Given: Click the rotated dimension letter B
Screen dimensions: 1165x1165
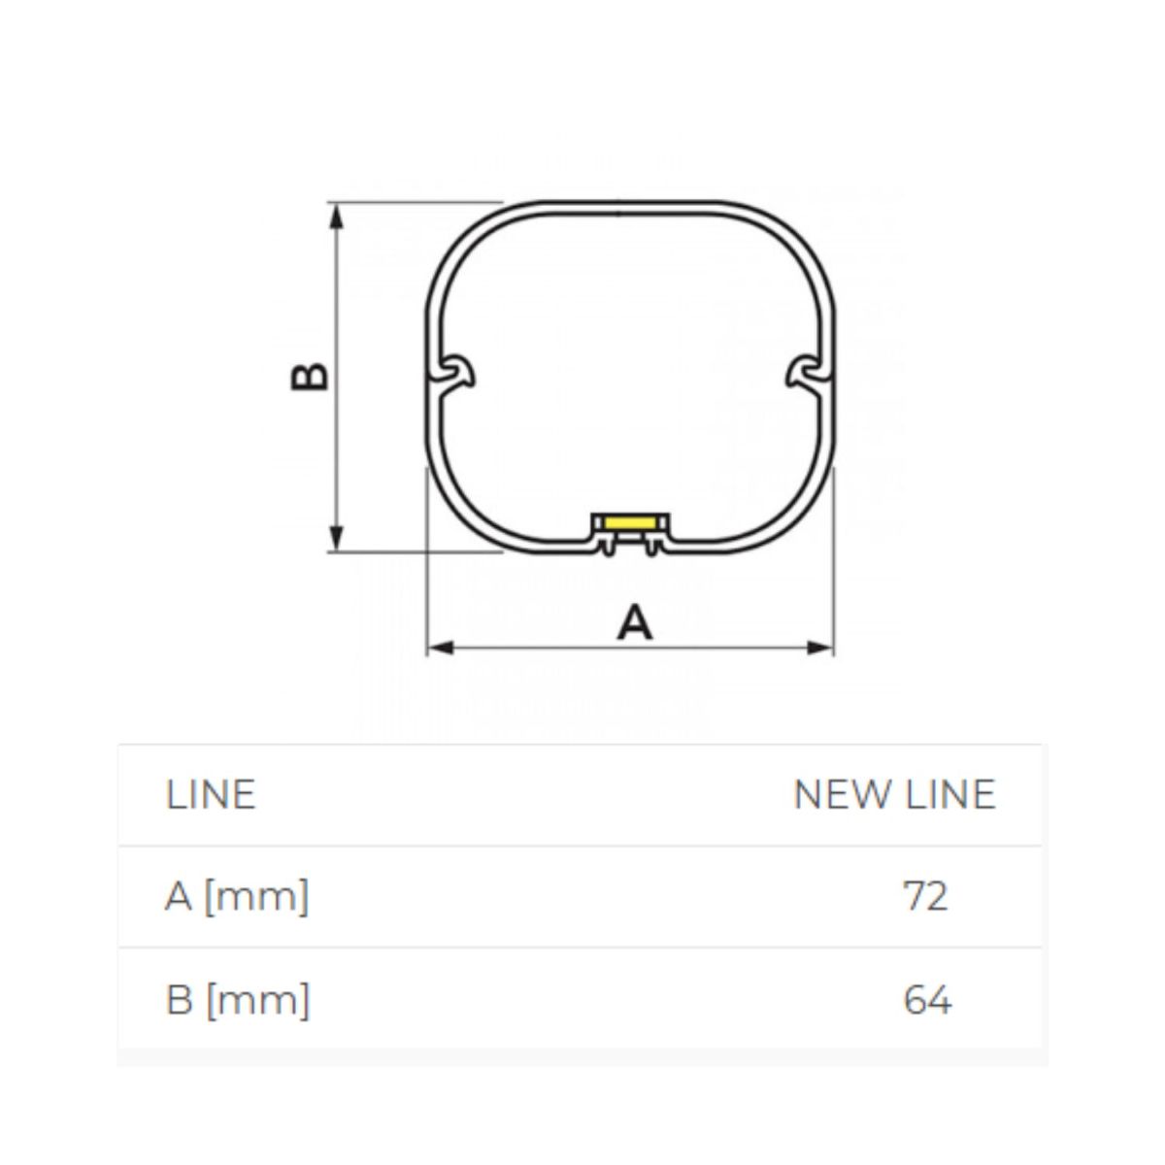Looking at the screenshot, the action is click(x=309, y=378).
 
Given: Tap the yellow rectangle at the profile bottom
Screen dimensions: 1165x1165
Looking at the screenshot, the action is click(x=630, y=522).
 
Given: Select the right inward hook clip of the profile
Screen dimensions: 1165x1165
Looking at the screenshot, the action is click(x=808, y=375).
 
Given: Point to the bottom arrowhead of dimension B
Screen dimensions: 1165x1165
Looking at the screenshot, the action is click(x=337, y=538).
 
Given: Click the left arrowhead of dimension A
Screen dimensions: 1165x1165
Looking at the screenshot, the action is click(x=441, y=649).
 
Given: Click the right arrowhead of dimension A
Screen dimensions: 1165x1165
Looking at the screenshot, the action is click(x=820, y=649).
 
